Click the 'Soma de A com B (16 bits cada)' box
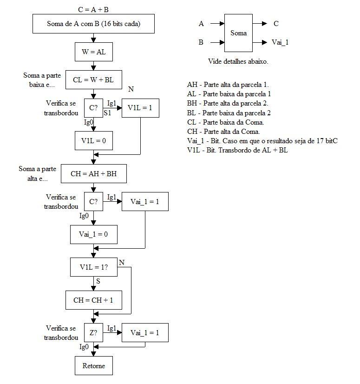point(93,24)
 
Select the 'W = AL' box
point(94,52)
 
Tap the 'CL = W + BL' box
point(94,80)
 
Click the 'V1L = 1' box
point(140,108)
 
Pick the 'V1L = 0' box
point(94,140)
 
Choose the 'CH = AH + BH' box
point(94,173)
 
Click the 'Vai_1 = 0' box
point(94,234)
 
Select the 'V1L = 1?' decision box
point(94,267)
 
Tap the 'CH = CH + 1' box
point(94,300)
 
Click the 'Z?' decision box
point(93,332)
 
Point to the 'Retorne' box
point(94,365)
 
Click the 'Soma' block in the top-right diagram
point(238,33)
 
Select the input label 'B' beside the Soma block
point(201,42)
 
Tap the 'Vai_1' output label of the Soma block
point(280,42)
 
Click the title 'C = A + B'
point(93,10)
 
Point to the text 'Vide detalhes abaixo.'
point(238,61)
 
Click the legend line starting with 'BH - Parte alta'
point(228,103)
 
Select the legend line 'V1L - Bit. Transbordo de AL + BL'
point(237,150)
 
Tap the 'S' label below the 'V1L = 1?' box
point(98,281)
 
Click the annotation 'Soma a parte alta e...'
point(38,173)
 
